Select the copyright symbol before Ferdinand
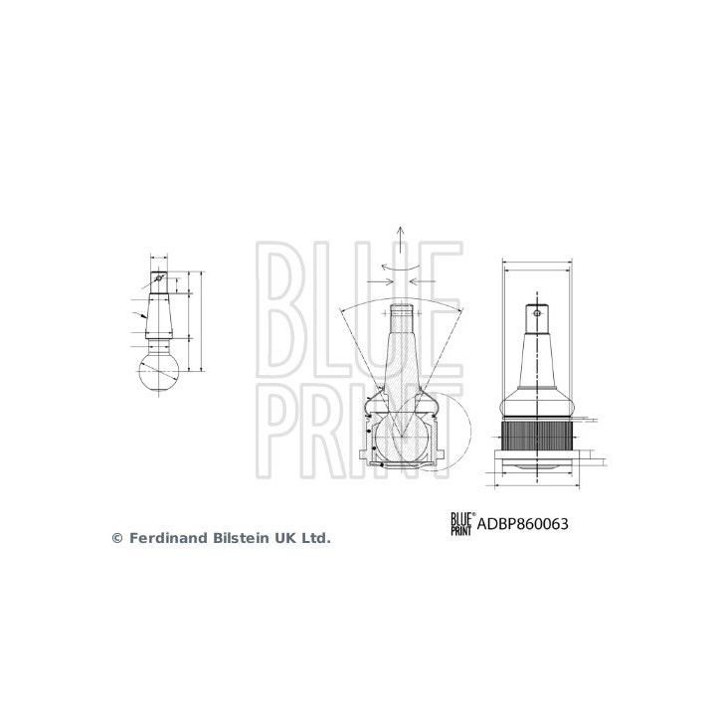[x=117, y=537]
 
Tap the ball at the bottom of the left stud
[x=159, y=376]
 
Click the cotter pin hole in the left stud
[x=158, y=278]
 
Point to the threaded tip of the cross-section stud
[x=400, y=315]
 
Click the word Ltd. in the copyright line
[x=314, y=537]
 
